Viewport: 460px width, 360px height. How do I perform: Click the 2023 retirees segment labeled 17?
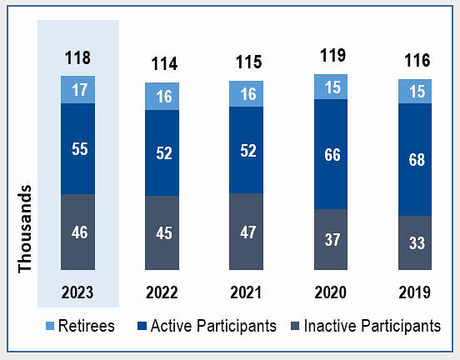[77, 89]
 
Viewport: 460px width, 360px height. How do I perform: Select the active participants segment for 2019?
[415, 160]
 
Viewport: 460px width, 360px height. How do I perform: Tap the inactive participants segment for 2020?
[331, 239]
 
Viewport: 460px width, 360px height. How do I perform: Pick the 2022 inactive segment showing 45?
[162, 233]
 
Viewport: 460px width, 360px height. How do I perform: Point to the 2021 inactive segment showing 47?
[246, 232]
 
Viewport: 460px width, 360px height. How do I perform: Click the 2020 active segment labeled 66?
[331, 154]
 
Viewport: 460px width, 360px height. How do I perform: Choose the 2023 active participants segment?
[77, 149]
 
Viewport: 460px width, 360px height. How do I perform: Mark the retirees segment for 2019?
[415, 91]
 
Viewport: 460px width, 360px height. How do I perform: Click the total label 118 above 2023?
[77, 57]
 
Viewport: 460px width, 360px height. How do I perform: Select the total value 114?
[164, 63]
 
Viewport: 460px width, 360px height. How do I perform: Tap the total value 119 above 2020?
[333, 55]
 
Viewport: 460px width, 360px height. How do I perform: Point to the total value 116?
[417, 61]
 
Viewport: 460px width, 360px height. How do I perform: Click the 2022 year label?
[162, 292]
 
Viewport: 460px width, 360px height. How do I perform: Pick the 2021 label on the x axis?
[246, 292]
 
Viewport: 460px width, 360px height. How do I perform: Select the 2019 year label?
[414, 292]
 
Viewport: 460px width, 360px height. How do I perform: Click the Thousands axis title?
[25, 229]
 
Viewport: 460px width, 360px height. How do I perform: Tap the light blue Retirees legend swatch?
[50, 326]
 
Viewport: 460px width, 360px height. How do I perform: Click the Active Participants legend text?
[213, 326]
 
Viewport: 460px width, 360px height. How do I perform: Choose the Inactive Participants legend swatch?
[295, 326]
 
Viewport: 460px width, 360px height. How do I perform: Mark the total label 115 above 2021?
[249, 62]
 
